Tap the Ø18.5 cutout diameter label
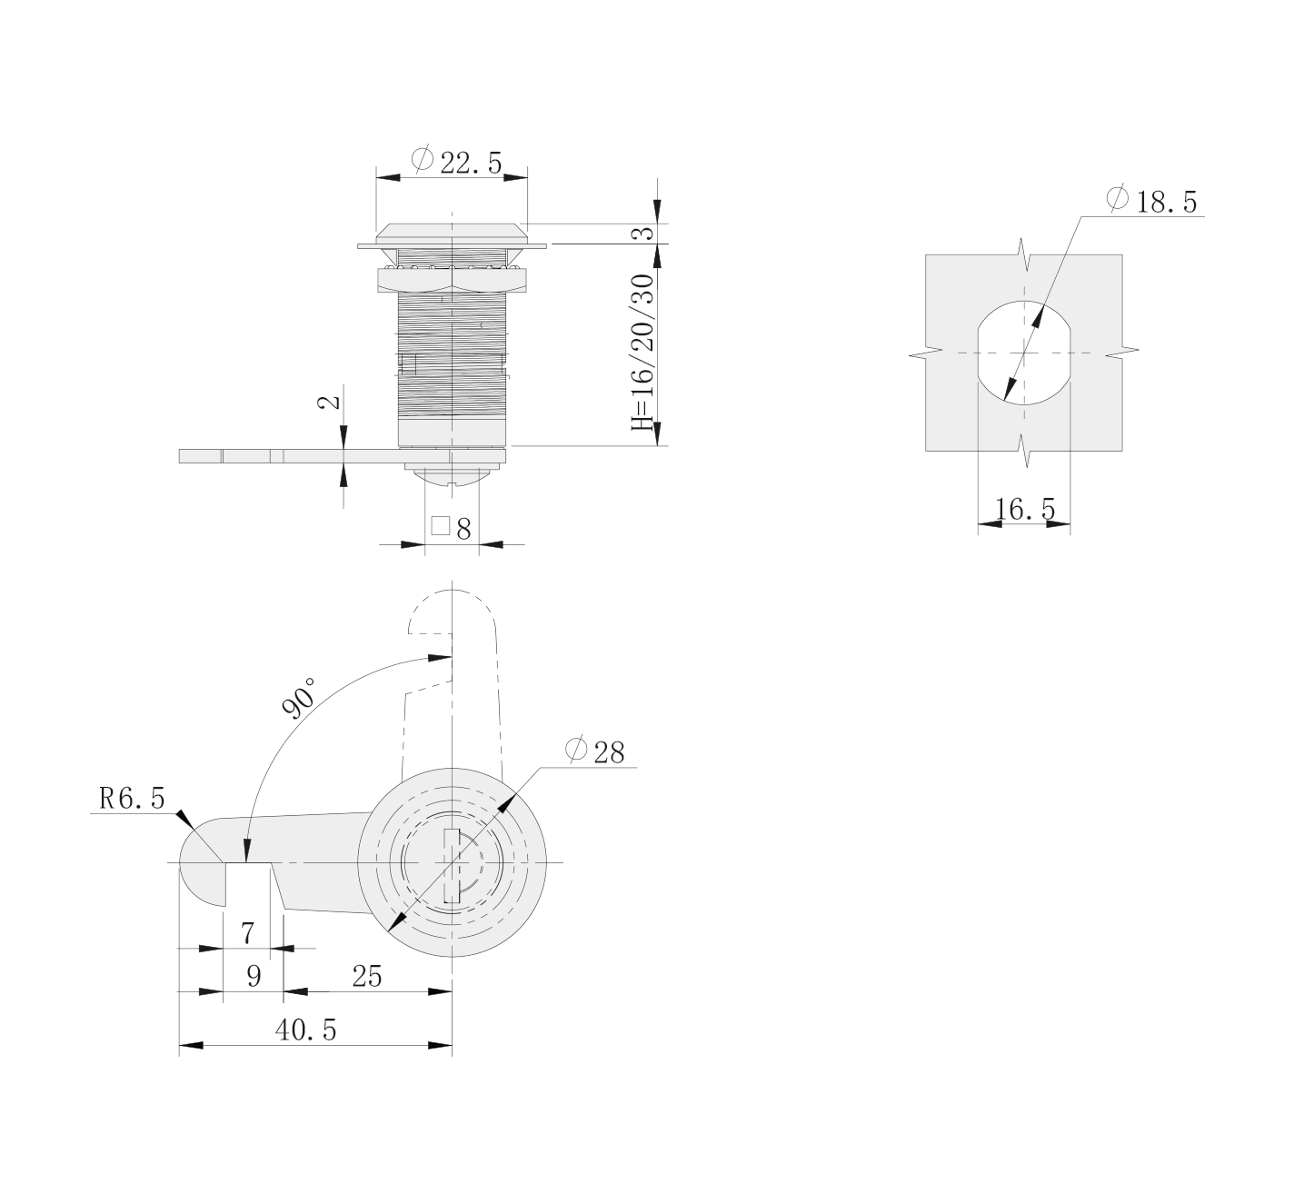pos(1151,200)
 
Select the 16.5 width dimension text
pos(1025,508)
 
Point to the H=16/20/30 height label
pos(642,353)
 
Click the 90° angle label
pos(299,697)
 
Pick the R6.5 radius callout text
pos(133,799)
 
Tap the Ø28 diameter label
pos(594,751)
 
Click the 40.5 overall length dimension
pos(305,1030)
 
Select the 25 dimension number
pos(366,976)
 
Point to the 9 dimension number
pos(254,976)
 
